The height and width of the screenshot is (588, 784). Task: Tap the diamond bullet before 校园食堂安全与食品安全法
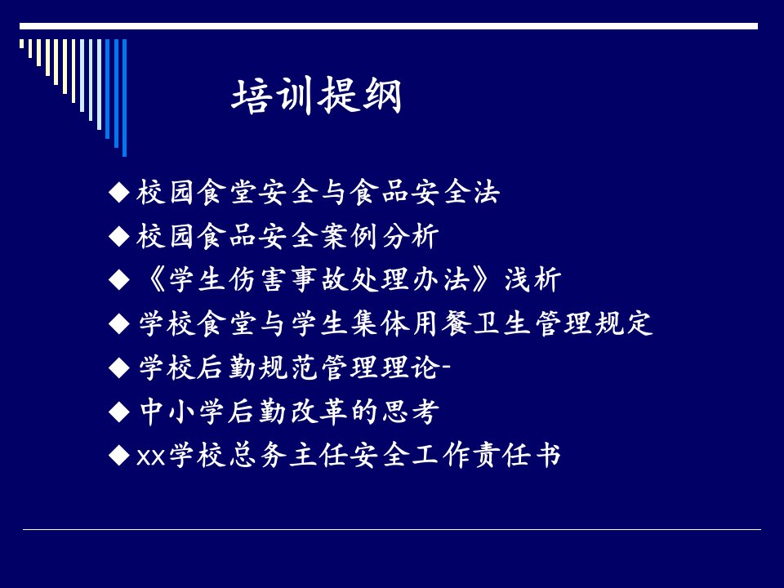[119, 193]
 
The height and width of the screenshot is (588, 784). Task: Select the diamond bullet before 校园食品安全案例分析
[119, 236]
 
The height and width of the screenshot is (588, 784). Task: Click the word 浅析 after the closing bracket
[533, 279]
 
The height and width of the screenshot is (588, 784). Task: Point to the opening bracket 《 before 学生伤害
[154, 279]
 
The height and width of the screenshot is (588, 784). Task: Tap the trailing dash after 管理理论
[447, 368]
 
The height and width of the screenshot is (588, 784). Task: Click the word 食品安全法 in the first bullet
[425, 192]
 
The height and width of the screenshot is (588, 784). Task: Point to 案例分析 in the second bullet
[380, 235]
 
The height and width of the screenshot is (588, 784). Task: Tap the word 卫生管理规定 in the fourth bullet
[563, 323]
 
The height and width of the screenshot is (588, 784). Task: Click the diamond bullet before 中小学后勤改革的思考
[119, 412]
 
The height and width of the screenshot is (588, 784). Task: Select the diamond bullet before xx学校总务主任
[119, 456]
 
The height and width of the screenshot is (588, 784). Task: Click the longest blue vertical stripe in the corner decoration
[124, 98]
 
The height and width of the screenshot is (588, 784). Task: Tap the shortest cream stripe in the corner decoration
[21, 44]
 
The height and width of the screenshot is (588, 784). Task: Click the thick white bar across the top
[389, 26]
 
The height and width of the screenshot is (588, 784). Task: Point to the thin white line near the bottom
[392, 529]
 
